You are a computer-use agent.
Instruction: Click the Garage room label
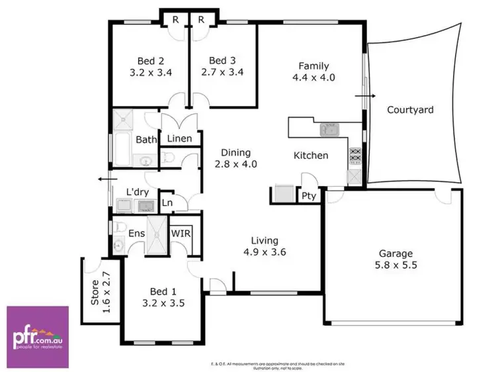pos(395,253)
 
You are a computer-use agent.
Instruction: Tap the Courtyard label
pos(410,110)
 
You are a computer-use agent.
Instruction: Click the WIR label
pos(181,234)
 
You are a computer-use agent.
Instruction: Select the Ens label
pos(136,234)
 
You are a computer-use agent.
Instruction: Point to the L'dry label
pos(138,193)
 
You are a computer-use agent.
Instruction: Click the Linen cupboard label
pos(179,139)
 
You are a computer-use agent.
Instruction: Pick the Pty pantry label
pos(308,197)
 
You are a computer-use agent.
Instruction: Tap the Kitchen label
pos(311,156)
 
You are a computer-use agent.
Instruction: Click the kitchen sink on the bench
pos(329,130)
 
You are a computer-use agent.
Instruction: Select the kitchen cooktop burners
pos(354,156)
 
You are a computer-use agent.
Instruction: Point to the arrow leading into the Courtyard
pos(364,95)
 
